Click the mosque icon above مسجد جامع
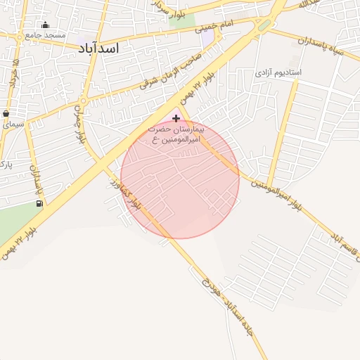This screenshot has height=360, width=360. click(45, 25)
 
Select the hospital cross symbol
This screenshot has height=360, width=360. click(176, 119)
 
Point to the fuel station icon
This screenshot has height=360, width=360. click(39, 204)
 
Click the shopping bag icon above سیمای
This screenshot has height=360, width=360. click(6, 113)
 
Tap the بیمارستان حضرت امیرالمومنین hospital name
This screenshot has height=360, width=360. click(176, 136)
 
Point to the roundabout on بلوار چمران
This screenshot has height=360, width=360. click(83, 101)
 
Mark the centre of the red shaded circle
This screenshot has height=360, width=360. click(180, 179)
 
